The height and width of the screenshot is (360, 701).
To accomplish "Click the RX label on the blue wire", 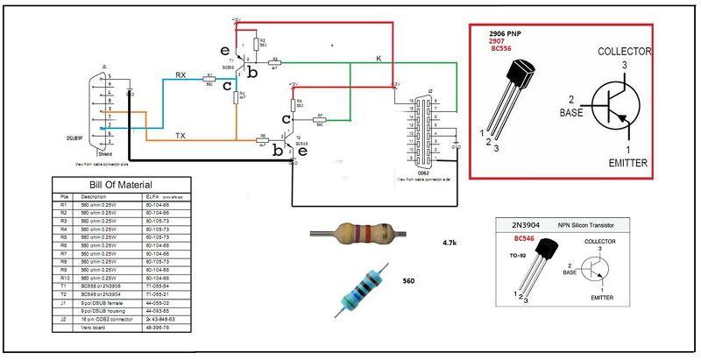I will [x=181, y=74].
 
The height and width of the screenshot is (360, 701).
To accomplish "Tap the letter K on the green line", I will [x=379, y=58].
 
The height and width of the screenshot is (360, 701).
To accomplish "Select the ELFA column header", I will [x=151, y=198].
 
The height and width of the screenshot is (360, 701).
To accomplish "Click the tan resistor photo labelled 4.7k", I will [x=357, y=234].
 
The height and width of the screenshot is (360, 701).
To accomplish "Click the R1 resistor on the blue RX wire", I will [x=209, y=79].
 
